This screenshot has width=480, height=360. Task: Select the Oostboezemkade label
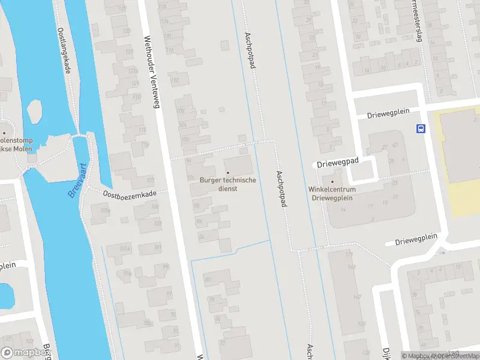click(129, 193)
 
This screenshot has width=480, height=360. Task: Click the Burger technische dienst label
click(228, 184)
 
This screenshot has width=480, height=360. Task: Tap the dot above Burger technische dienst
click(228, 173)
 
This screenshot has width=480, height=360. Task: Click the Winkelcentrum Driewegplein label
click(332, 193)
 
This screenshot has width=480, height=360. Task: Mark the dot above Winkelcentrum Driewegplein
click(332, 181)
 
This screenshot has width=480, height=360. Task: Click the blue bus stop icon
click(421, 128)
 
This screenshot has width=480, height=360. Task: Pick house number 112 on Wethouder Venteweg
click(175, 80)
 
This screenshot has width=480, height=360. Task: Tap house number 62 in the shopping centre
click(395, 146)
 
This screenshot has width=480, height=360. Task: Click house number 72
click(223, 343)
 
